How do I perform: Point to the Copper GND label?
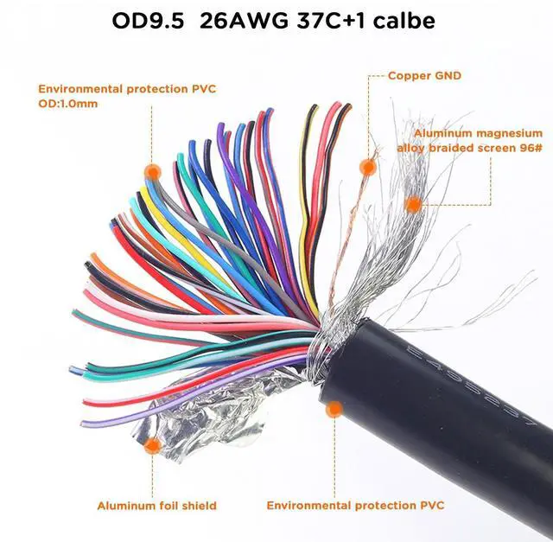[424, 76]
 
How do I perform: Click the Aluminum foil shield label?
[156, 505]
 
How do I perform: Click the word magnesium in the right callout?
[512, 133]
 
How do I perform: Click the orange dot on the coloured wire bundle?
[153, 170]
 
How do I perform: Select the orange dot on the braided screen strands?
[414, 205]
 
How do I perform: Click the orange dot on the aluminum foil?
[153, 446]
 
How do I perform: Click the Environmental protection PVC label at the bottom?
[355, 505]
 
